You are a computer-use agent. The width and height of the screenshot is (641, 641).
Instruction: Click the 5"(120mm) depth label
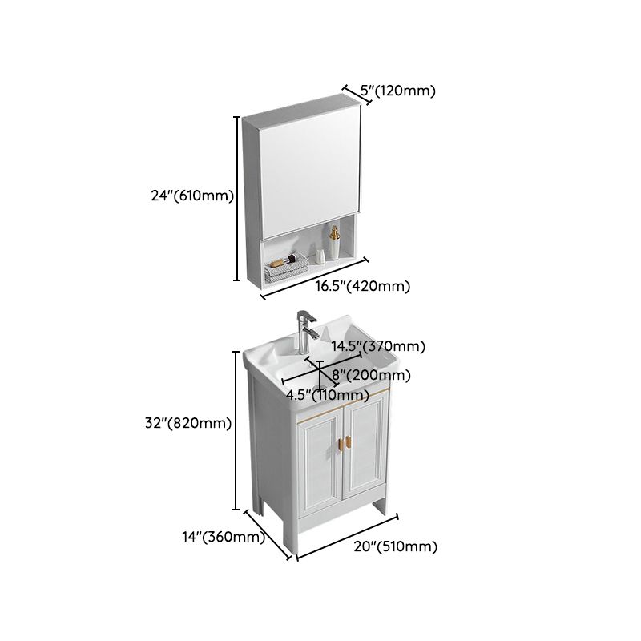[x=398, y=91]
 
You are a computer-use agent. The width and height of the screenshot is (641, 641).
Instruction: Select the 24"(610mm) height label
[x=193, y=195]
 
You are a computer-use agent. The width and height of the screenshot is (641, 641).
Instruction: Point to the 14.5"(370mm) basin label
[x=379, y=347]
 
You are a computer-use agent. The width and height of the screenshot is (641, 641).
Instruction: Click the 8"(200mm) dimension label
[x=371, y=375]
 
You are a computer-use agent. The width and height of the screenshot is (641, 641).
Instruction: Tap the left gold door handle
[x=338, y=441]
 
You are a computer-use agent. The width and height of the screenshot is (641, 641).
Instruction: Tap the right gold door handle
[x=350, y=441]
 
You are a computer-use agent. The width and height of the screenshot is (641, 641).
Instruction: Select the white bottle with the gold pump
[x=333, y=244]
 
